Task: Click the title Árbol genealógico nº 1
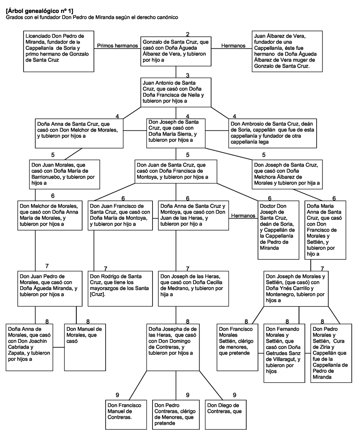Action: [x=39, y=11]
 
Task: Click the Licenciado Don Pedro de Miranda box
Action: [x=59, y=52]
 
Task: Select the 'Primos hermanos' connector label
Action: [x=117, y=45]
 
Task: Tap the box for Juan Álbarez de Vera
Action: [x=287, y=52]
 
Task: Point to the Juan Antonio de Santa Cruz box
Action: [x=176, y=92]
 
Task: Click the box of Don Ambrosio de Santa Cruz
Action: [x=273, y=133]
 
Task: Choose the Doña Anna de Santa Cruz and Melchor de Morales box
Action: [x=79, y=133]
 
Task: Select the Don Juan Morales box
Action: [x=64, y=174]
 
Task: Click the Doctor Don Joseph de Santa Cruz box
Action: [x=278, y=230]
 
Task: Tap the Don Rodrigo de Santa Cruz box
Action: [x=120, y=289]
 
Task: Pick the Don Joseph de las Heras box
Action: [x=193, y=289]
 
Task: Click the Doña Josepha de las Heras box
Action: [x=173, y=347]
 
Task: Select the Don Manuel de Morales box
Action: [x=85, y=347]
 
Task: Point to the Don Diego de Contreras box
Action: [x=226, y=414]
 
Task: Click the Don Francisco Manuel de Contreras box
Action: [x=126, y=414]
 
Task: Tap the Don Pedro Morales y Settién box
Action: [x=331, y=353]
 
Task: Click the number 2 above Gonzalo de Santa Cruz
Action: [x=188, y=34]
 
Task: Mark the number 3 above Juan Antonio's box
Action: [x=188, y=75]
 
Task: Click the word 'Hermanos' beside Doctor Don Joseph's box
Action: [x=243, y=216]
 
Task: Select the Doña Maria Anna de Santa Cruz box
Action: [x=325, y=230]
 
